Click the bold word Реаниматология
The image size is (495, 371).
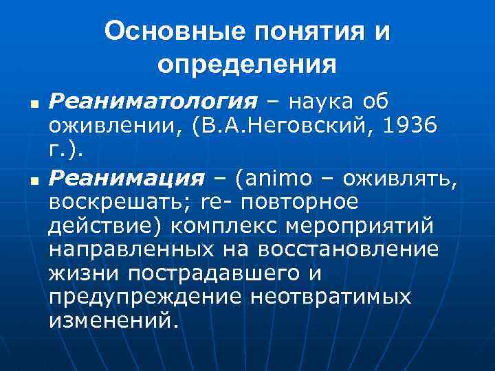pos(153,102)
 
